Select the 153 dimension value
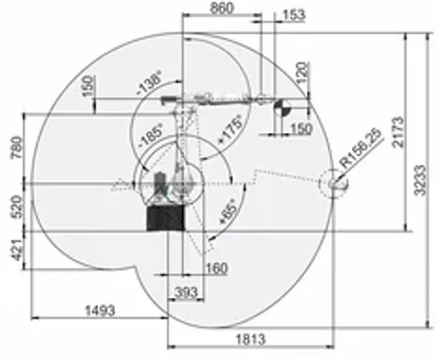click(293, 15)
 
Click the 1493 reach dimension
click(98, 310)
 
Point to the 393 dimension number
click(185, 292)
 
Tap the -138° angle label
click(148, 85)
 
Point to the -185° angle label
click(150, 135)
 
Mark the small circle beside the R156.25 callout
click(337, 184)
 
